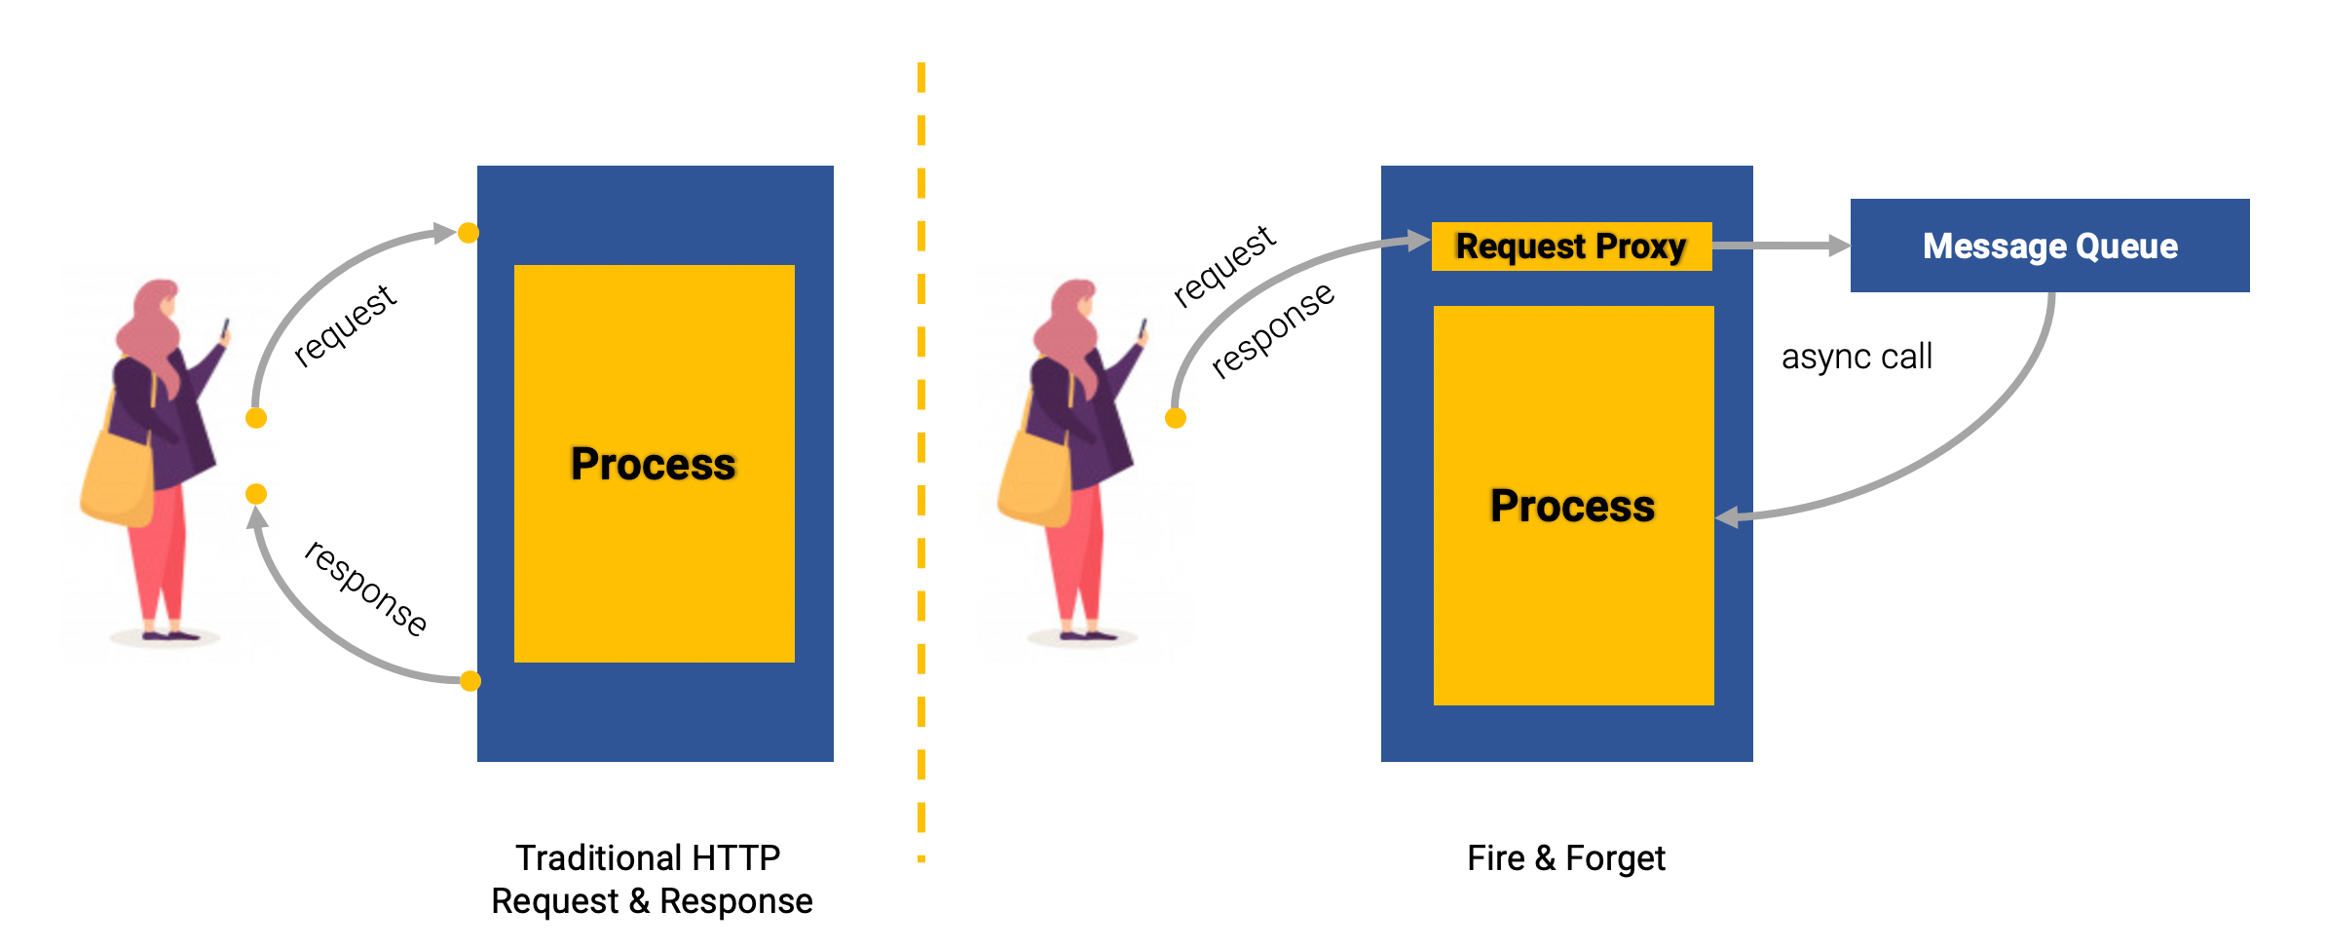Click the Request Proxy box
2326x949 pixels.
click(1571, 247)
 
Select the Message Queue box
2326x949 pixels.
click(2049, 246)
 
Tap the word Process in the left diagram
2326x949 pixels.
click(653, 464)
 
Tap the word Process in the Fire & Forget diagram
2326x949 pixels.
click(1572, 506)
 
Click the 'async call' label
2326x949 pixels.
click(1857, 357)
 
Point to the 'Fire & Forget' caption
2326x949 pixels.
click(1566, 858)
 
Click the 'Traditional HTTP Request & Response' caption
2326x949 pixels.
click(651, 880)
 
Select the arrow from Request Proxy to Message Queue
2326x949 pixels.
click(1781, 246)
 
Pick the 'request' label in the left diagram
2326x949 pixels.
click(345, 325)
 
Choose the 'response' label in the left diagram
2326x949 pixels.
click(366, 588)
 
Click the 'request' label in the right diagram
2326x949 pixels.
click(1223, 265)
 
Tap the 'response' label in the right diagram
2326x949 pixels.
click(1272, 329)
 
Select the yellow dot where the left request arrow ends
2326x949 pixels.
click(469, 233)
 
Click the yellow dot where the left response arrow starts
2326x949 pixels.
click(470, 681)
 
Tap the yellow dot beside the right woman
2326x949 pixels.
click(1176, 419)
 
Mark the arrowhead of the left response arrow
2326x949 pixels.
click(258, 517)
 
